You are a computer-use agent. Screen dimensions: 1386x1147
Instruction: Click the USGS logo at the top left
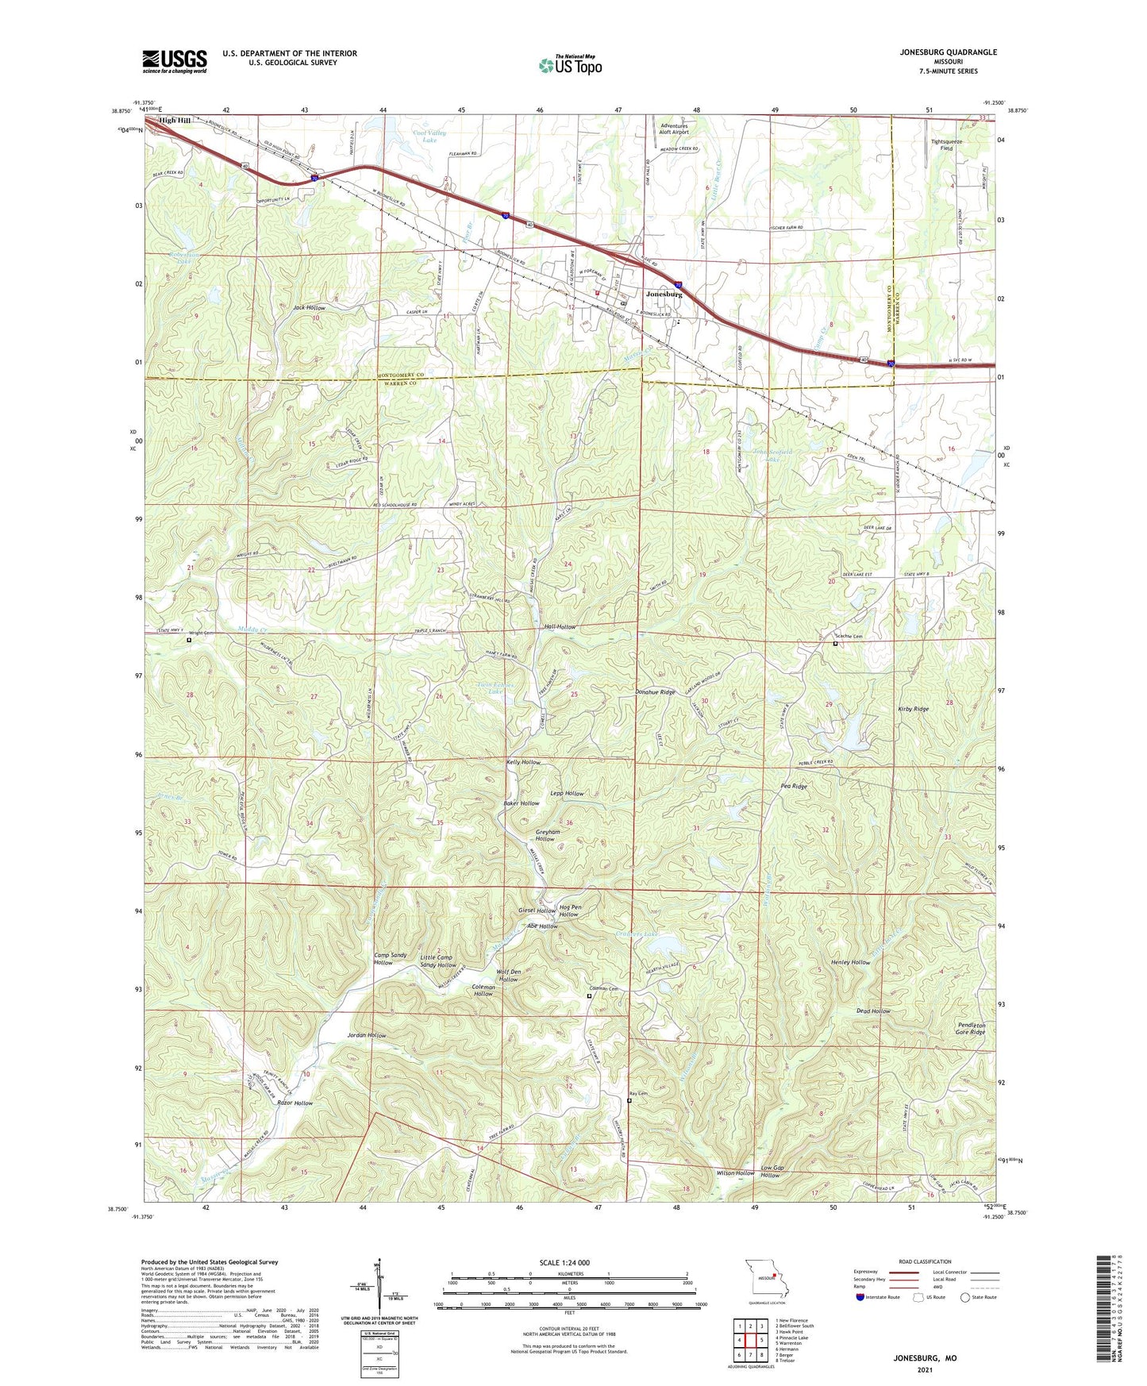click(175, 61)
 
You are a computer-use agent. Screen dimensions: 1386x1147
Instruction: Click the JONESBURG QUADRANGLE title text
click(949, 52)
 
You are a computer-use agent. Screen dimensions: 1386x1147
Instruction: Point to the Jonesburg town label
click(664, 294)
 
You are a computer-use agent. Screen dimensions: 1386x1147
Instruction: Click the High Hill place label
click(175, 121)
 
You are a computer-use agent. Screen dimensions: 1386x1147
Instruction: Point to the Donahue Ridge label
click(656, 692)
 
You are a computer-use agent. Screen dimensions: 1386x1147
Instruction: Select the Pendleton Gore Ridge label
click(971, 1029)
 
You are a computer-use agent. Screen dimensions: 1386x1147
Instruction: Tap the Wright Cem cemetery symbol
click(189, 640)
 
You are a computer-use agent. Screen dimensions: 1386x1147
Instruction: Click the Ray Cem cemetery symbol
click(629, 1101)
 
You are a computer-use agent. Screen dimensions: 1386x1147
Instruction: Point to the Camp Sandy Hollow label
click(383, 959)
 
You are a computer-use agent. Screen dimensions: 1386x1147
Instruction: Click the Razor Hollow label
click(294, 1103)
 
